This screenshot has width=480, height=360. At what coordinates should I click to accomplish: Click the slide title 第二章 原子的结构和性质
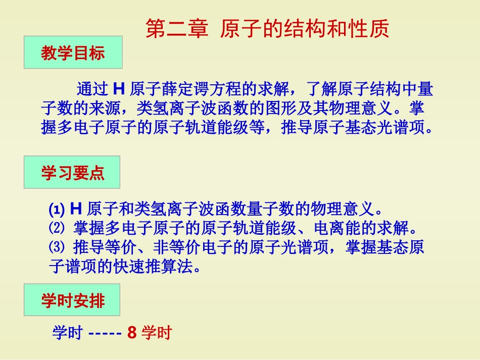pos(267,29)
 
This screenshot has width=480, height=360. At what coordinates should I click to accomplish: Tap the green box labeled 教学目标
pos(73,53)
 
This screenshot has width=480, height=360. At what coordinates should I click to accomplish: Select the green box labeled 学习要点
pos(72,173)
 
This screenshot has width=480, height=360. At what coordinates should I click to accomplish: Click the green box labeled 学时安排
pos(72,301)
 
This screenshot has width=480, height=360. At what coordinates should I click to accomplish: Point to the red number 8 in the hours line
pos(132,333)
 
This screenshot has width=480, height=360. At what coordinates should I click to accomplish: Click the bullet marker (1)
pos(58,210)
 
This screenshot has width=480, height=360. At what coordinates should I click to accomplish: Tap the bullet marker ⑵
pos(57,229)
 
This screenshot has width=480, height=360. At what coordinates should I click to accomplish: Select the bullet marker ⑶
pos(57,248)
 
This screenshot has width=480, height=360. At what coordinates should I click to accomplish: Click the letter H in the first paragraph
pos(119,89)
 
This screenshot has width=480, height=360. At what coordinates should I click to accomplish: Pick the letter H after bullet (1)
pos(76,209)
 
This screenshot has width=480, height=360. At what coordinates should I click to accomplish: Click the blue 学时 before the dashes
pos(67,333)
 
